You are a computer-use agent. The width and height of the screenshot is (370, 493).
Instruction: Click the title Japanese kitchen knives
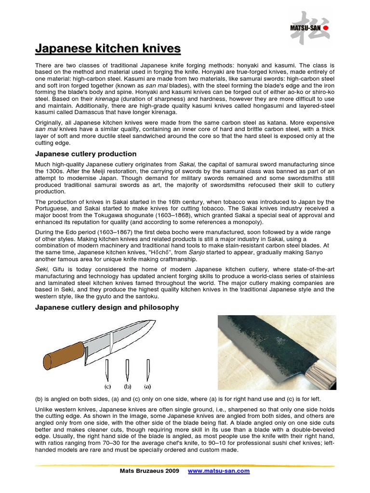click(108, 49)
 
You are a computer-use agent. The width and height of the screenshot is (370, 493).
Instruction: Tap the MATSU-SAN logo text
click(305, 28)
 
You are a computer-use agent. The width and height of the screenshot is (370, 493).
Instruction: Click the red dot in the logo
click(325, 28)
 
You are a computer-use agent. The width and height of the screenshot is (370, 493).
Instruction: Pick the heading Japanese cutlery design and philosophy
click(107, 307)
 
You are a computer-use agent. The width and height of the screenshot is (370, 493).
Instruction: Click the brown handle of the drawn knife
click(64, 355)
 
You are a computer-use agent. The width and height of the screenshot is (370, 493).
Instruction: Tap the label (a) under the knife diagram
click(147, 386)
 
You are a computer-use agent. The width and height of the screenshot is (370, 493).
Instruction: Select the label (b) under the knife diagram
click(127, 386)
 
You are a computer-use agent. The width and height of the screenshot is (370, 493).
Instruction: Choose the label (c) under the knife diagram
click(108, 386)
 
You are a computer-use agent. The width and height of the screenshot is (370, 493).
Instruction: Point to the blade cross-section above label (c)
click(107, 370)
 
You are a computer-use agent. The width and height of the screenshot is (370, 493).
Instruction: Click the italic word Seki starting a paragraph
click(41, 269)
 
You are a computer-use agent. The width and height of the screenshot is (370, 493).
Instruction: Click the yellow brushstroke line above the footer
click(185, 465)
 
